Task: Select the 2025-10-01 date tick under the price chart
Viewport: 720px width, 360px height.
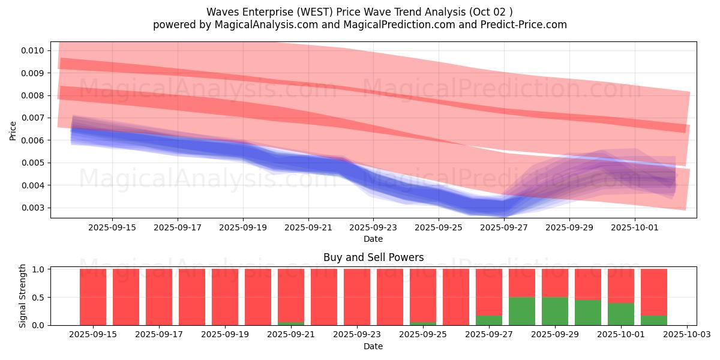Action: [635, 227]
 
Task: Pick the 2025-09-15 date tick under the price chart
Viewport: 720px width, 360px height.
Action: [112, 227]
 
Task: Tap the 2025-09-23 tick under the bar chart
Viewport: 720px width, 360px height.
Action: [357, 335]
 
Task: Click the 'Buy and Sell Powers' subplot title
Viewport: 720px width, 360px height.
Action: [373, 257]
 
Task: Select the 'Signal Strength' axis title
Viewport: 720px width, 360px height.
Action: [23, 296]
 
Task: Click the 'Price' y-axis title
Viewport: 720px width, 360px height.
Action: [13, 130]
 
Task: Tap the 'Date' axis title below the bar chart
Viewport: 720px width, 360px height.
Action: [373, 346]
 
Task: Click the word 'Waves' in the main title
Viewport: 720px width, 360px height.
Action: [221, 12]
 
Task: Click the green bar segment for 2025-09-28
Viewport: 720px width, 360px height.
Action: [522, 311]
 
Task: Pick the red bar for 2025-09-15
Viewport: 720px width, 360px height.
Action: [93, 297]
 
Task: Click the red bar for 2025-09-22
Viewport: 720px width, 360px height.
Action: [324, 297]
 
